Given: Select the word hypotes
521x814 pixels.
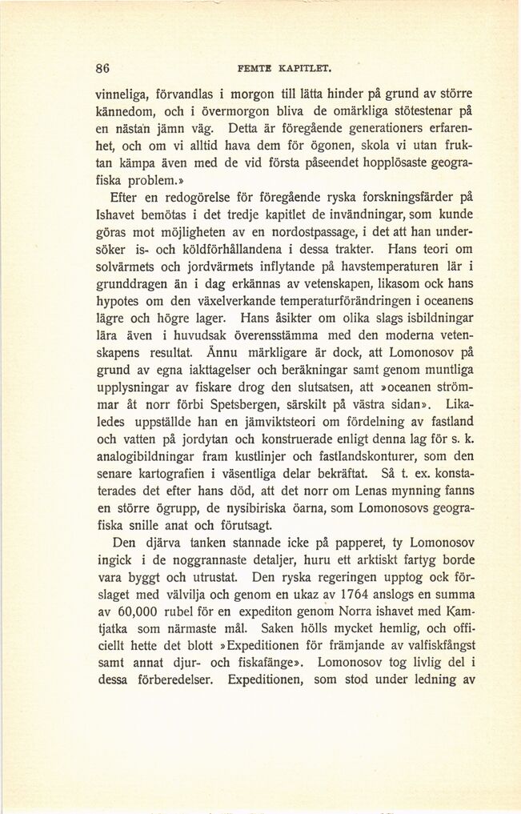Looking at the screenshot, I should (x=118, y=301).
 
